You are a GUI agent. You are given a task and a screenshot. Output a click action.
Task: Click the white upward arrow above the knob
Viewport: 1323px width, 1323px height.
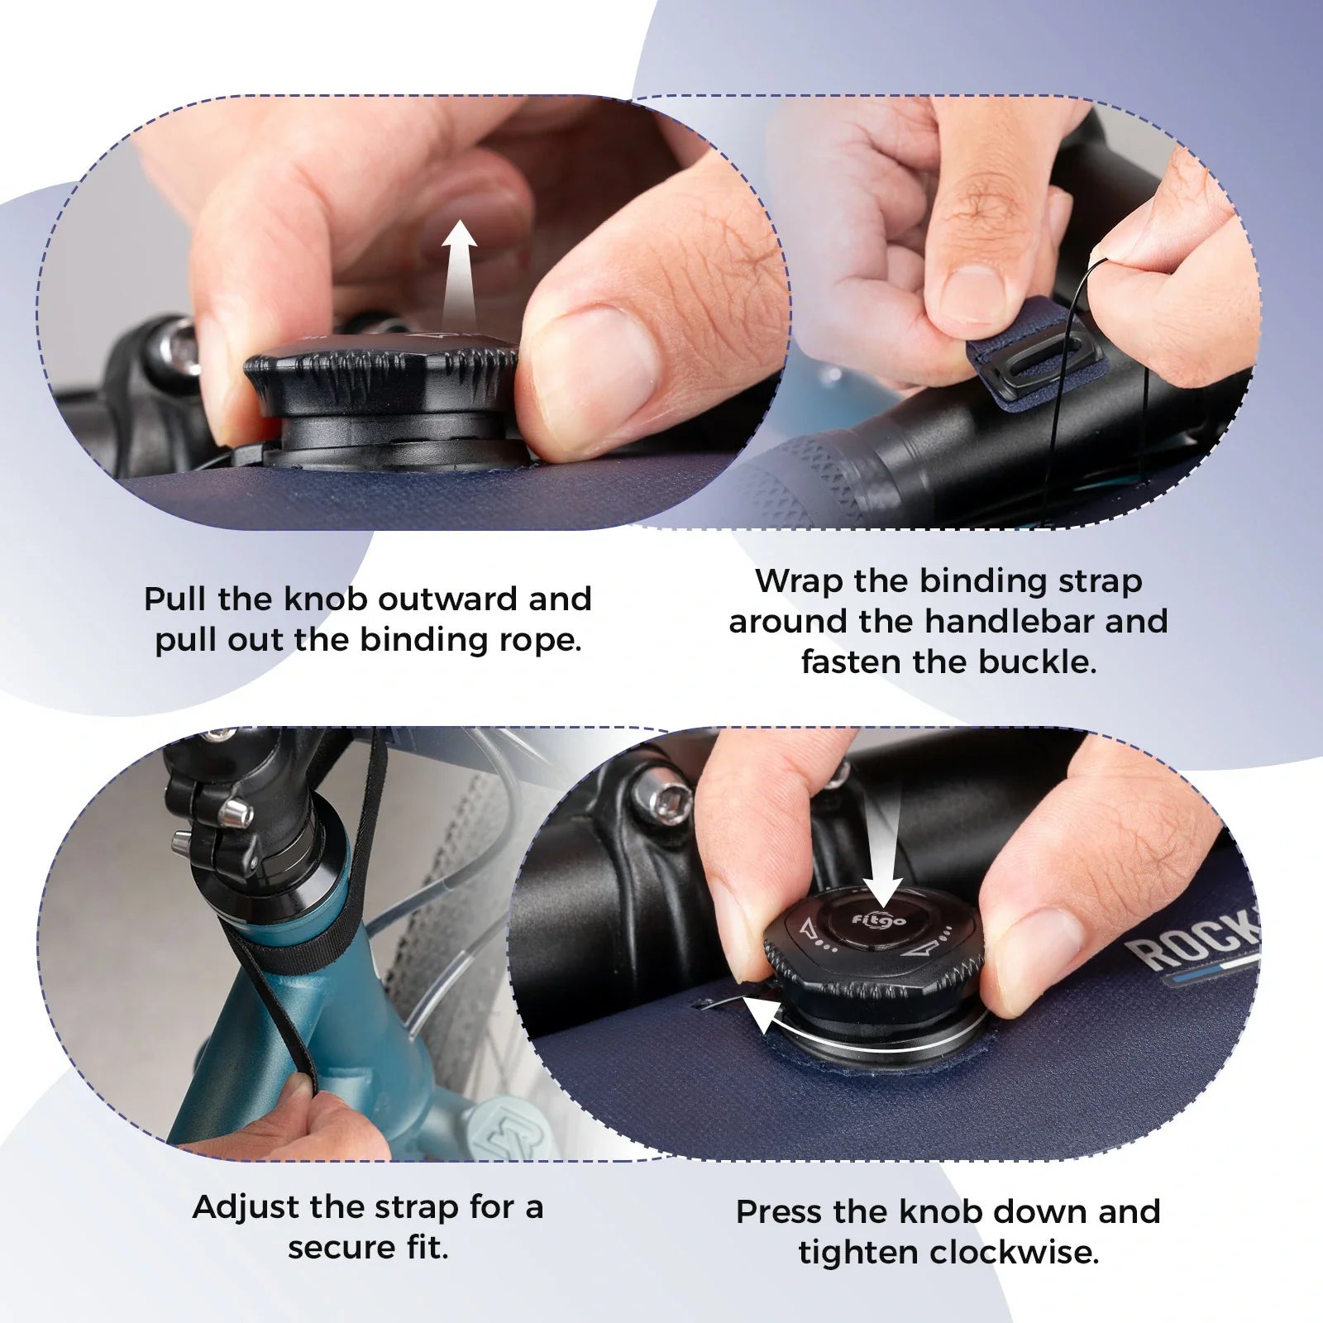coord(459,273)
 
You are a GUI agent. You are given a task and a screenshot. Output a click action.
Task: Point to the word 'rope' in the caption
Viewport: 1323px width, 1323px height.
coord(546,640)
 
